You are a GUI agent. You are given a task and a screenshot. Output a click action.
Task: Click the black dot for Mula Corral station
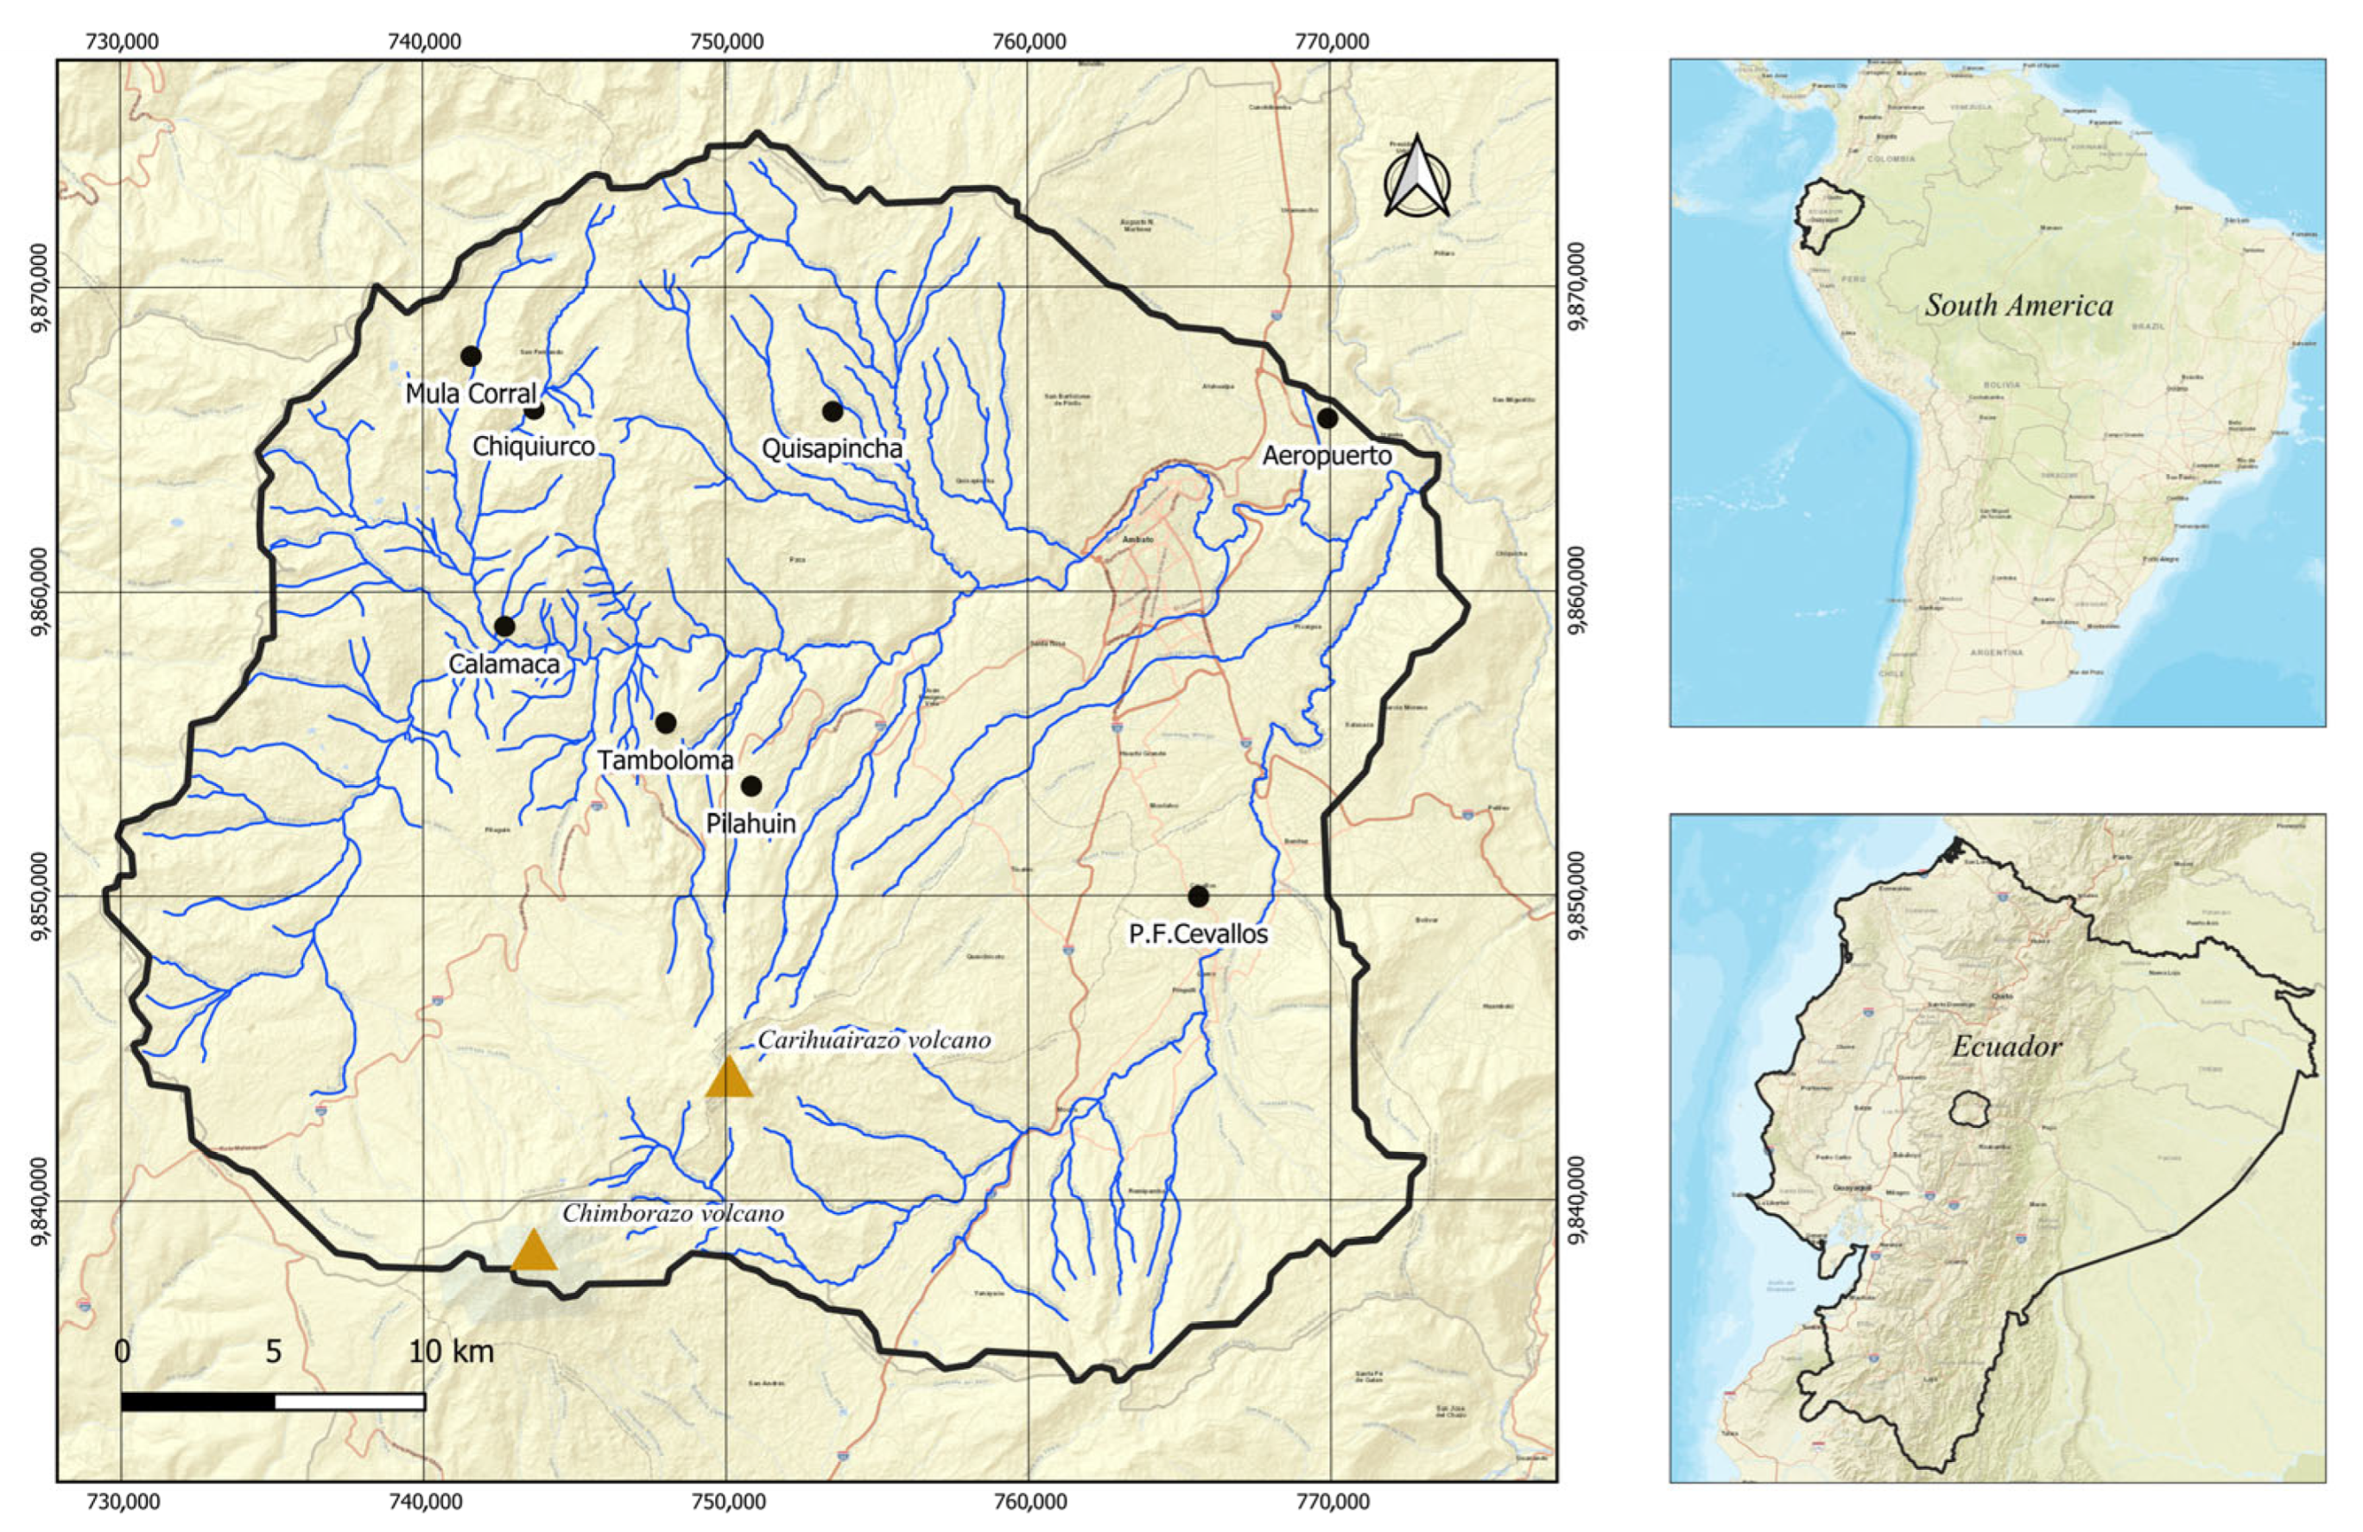(x=471, y=357)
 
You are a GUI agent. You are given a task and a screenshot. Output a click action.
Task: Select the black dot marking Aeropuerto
(x=1327, y=418)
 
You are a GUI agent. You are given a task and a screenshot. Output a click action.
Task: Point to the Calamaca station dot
(x=504, y=625)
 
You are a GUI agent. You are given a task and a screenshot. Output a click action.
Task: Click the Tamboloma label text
(x=665, y=761)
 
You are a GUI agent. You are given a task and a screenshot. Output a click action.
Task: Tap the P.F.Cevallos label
(x=1199, y=934)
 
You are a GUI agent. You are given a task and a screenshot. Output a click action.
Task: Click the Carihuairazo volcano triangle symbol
(x=729, y=1079)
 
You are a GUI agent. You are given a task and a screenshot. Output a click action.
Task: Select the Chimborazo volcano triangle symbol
(x=533, y=1251)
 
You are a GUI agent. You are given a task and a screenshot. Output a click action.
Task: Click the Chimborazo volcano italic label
(x=673, y=1214)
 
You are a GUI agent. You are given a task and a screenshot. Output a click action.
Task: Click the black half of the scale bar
(x=198, y=1401)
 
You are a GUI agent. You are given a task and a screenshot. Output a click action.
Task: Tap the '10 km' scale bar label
(x=451, y=1352)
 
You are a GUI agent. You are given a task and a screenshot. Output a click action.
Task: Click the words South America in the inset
(x=2018, y=306)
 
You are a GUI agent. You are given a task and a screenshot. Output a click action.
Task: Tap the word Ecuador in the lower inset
(x=2005, y=1047)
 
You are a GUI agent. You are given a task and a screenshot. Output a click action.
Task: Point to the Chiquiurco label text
(x=533, y=446)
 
